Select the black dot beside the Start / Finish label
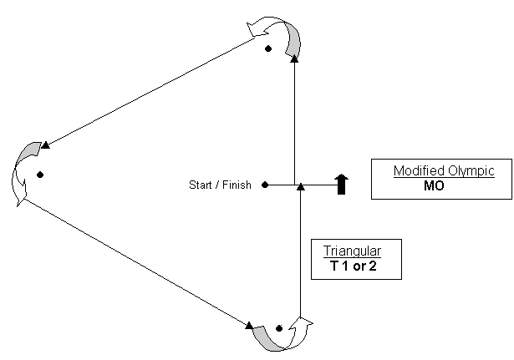pyautogui.click(x=265, y=185)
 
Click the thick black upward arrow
pyautogui.click(x=341, y=184)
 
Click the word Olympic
pyautogui.click(x=471, y=171)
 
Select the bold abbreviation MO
pyautogui.click(x=434, y=186)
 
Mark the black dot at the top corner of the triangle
pyautogui.click(x=268, y=48)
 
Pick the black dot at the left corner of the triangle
pyautogui.click(x=39, y=175)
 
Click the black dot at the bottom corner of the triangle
pyautogui.click(x=278, y=328)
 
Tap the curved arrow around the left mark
pyautogui.click(x=23, y=171)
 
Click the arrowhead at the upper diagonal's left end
pyautogui.click(x=46, y=145)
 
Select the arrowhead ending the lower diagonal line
pyautogui.click(x=250, y=323)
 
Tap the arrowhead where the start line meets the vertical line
pyautogui.click(x=300, y=186)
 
